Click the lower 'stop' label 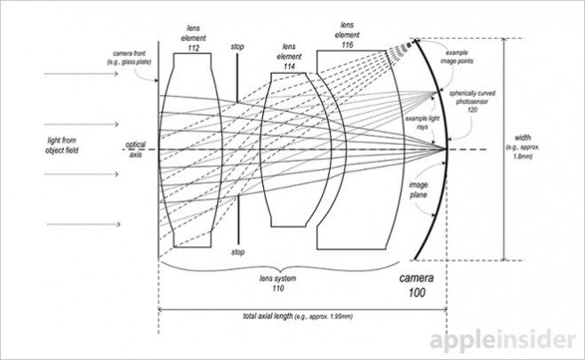236,253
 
